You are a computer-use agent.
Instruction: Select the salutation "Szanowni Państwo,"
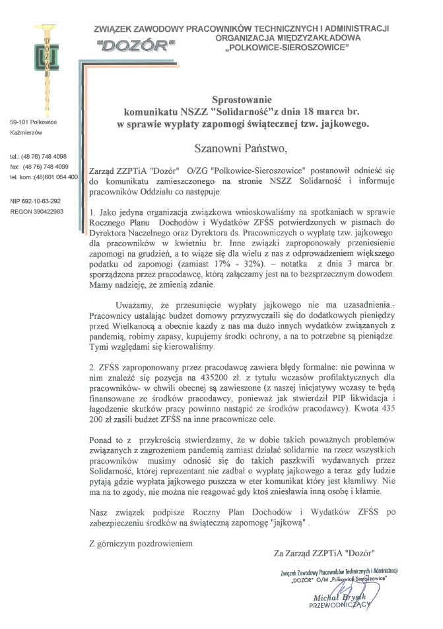(x=241, y=148)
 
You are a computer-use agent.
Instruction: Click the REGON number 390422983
(x=36, y=210)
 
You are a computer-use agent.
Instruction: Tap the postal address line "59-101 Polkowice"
(x=34, y=122)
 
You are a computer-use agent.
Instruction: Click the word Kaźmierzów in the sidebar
(x=26, y=132)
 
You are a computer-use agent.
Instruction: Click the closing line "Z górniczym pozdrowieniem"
(x=140, y=544)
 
